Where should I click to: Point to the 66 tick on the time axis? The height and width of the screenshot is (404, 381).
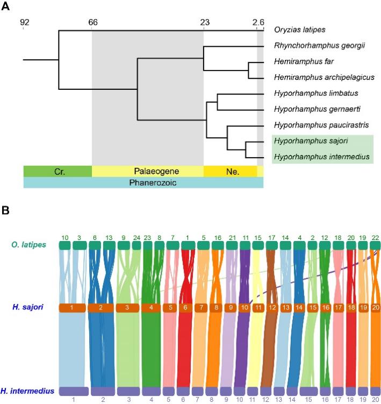(92, 23)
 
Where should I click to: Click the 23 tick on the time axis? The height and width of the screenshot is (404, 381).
(204, 23)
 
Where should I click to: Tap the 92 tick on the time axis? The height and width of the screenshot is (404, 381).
(24, 23)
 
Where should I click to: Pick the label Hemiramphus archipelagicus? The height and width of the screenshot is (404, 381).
(316, 77)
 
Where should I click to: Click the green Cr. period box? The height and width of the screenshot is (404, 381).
(58, 171)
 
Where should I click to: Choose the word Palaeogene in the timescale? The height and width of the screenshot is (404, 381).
(148, 171)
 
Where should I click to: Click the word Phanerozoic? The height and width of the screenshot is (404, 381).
(143, 182)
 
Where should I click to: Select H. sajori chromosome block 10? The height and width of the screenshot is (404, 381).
(245, 308)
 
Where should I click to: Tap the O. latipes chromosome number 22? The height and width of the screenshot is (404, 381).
(375, 237)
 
